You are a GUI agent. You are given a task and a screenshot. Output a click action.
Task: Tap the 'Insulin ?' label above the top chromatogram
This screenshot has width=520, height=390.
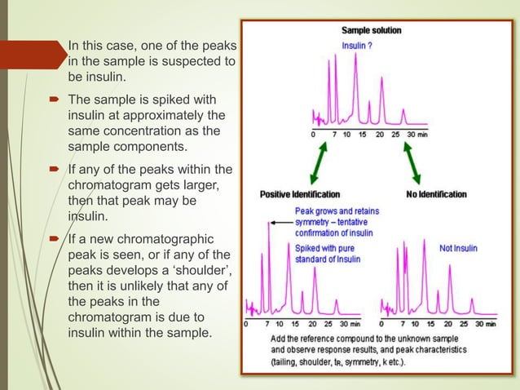[357, 46]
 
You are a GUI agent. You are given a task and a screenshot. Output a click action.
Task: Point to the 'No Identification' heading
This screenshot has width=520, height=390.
[436, 194]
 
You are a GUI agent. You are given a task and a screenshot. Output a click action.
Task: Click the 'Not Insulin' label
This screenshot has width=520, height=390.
[459, 248]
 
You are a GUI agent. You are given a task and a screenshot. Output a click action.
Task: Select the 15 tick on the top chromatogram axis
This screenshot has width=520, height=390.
[361, 134]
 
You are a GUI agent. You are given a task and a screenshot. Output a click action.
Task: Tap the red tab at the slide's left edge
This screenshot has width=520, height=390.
[29, 55]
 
